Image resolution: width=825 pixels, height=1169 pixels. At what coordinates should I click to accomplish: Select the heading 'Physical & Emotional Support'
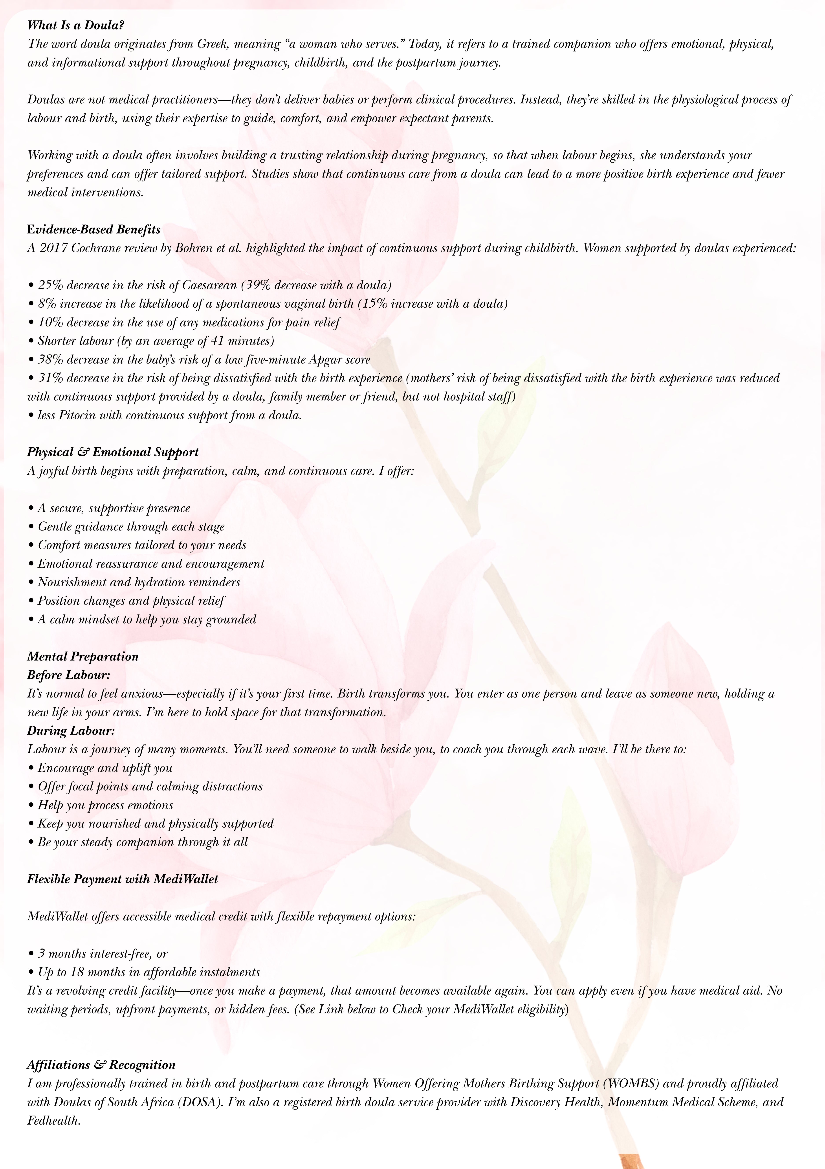[112, 452]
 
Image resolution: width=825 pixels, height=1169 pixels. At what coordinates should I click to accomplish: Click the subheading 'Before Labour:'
[69, 675]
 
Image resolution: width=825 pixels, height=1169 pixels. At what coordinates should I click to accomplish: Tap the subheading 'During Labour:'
[71, 731]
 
